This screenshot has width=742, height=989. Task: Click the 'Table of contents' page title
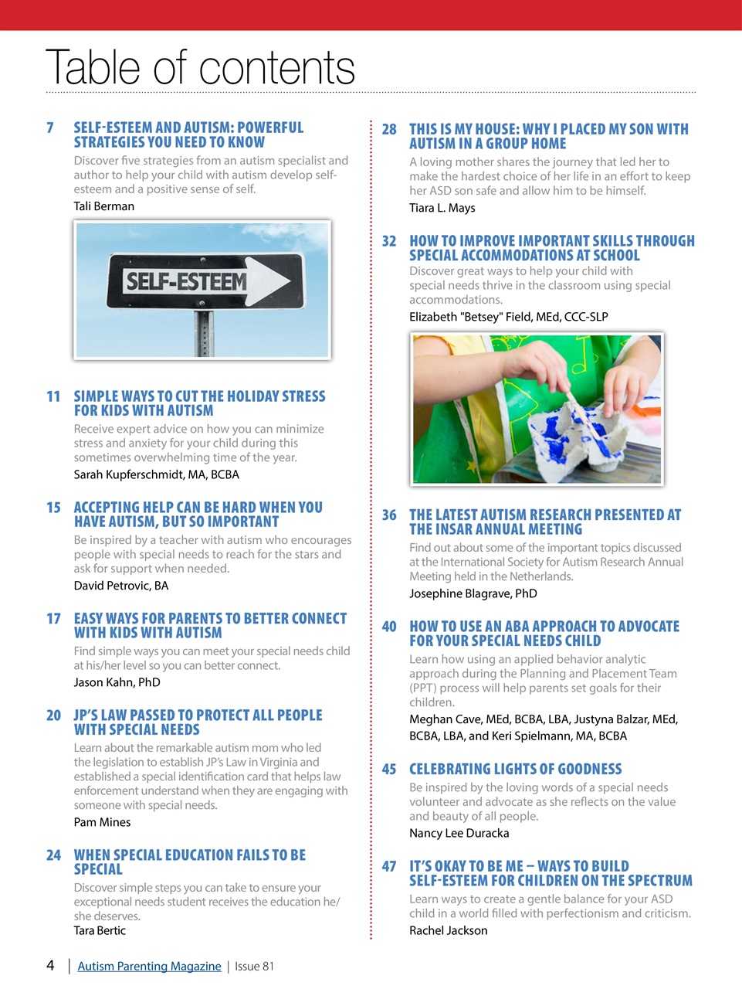[200, 67]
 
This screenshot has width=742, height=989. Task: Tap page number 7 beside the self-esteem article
[50, 127]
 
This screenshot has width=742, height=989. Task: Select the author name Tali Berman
[104, 206]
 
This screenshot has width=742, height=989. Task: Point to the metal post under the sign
[203, 332]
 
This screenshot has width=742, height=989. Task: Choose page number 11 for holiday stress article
[53, 396]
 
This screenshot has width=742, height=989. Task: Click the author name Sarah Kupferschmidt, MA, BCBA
[157, 474]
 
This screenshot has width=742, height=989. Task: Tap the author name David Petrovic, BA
[121, 586]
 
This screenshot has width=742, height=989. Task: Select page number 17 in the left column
[53, 619]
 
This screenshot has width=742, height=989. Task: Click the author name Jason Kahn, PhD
[117, 682]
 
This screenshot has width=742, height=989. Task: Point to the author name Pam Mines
[103, 822]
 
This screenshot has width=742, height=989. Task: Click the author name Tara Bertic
[100, 930]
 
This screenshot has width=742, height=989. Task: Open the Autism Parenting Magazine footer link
[149, 966]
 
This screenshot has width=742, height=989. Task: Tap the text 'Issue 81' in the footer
[254, 966]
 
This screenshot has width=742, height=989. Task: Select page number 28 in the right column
[389, 130]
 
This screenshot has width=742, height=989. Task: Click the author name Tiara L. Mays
[442, 208]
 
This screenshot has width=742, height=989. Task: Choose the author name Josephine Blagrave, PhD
[473, 593]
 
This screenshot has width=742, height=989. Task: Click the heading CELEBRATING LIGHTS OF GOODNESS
[515, 770]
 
